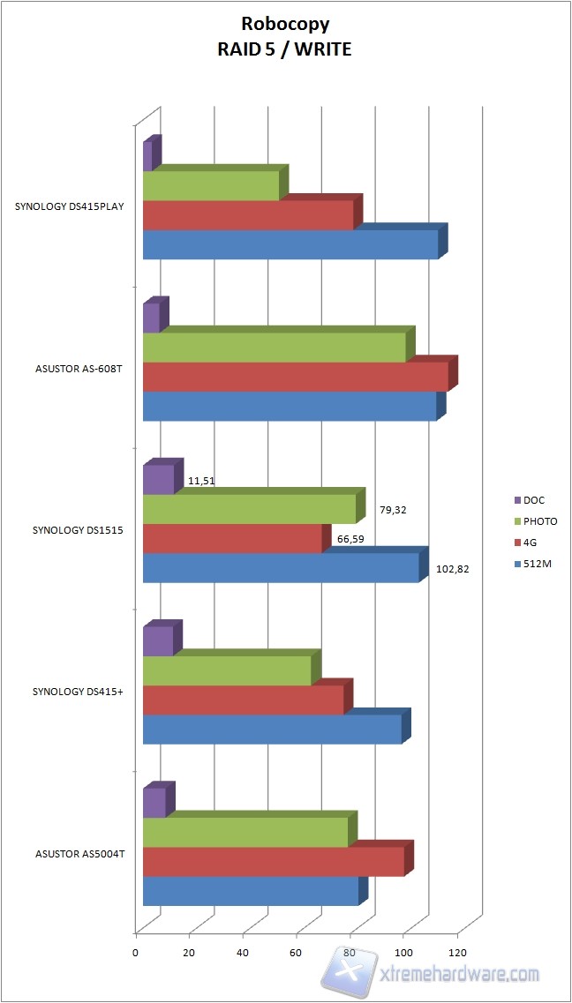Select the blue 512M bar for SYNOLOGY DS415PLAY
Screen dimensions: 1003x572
(290, 244)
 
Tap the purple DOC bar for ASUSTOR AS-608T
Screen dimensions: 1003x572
(151, 318)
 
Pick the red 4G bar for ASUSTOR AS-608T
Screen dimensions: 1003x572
(296, 377)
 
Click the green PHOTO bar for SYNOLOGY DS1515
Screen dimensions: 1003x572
(249, 508)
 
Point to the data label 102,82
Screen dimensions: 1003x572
(452, 569)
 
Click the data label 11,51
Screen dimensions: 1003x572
(201, 482)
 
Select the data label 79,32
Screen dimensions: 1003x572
(394, 510)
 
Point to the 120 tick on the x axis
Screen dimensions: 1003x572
(457, 953)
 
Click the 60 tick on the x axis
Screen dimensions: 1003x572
(297, 953)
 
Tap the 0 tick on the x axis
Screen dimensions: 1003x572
(136, 953)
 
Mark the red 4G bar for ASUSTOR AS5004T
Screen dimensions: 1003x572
(274, 861)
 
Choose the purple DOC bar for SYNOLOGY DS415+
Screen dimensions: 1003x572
(158, 641)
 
